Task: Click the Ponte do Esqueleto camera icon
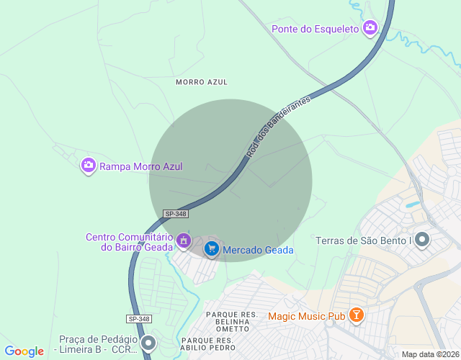370,28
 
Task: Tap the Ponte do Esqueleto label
315,29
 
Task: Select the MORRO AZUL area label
202,82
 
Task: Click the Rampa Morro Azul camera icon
89,166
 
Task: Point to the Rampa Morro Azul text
140,166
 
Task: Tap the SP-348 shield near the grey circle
176,214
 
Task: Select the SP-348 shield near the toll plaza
140,319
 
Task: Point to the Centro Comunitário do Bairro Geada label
128,242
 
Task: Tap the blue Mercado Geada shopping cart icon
211,249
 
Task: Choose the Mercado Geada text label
258,250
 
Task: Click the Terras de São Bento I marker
422,239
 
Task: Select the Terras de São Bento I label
363,240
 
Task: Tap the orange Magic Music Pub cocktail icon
356,315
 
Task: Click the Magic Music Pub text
306,316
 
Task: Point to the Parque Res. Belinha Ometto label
232,322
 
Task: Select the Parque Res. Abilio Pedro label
207,343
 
